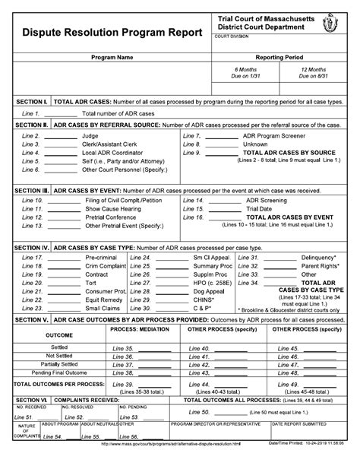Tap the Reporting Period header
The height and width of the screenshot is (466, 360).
pyautogui.click(x=281, y=57)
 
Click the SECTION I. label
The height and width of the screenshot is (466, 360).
pyautogui.click(x=32, y=101)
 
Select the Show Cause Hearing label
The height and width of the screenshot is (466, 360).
pyautogui.click(x=112, y=208)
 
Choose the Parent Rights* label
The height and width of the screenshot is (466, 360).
pyautogui.click(x=318, y=266)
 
